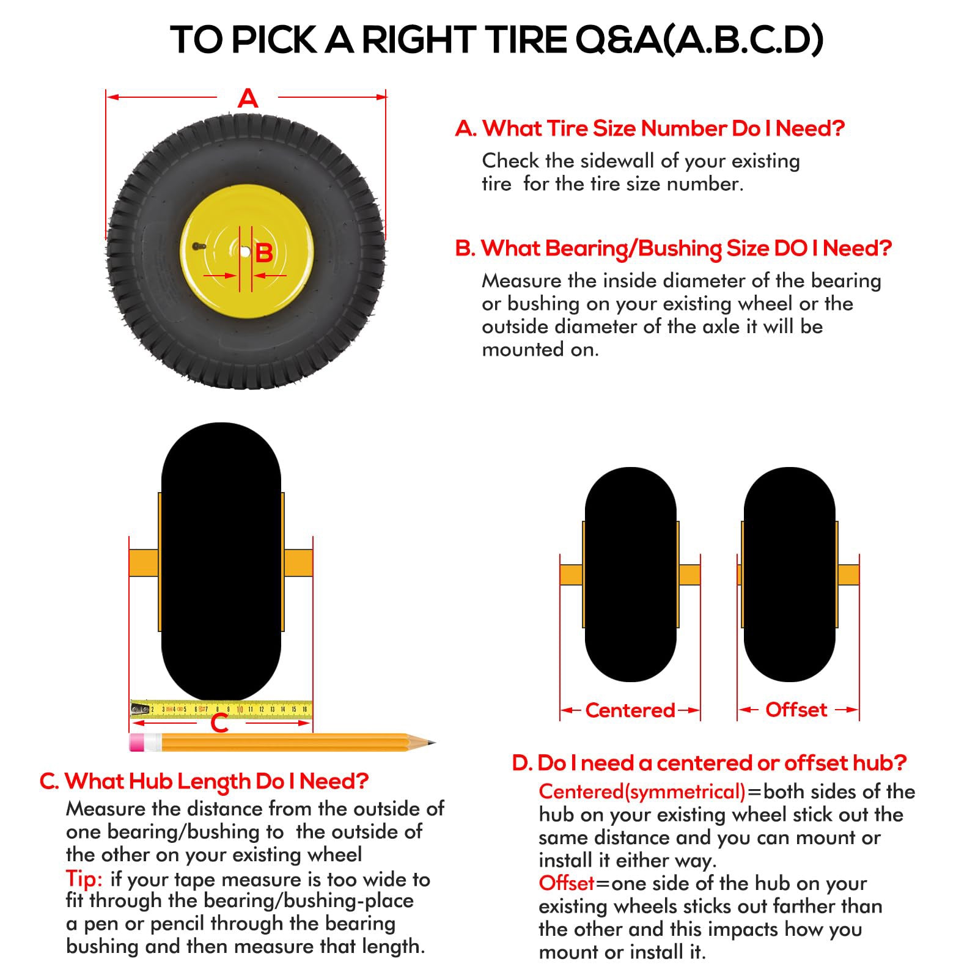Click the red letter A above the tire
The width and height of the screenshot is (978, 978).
[x=248, y=98]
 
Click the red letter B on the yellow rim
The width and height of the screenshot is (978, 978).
[x=264, y=252]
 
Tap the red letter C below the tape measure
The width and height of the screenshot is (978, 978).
[x=219, y=724]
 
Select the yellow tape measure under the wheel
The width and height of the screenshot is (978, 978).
[x=221, y=709]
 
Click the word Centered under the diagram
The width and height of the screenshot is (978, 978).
[x=630, y=710]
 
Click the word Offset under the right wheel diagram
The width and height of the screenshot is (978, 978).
[x=796, y=710]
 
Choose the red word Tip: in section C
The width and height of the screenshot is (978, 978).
[x=84, y=880]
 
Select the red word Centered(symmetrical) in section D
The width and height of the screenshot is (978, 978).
[x=642, y=792]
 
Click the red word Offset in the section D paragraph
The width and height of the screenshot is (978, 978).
[x=567, y=883]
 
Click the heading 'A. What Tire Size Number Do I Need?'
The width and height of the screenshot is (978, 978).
[x=650, y=128]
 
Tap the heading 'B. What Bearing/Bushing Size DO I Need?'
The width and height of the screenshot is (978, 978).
[x=674, y=249]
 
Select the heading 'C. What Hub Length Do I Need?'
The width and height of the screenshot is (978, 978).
[x=204, y=781]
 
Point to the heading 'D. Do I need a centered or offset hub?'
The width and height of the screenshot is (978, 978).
[x=709, y=763]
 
